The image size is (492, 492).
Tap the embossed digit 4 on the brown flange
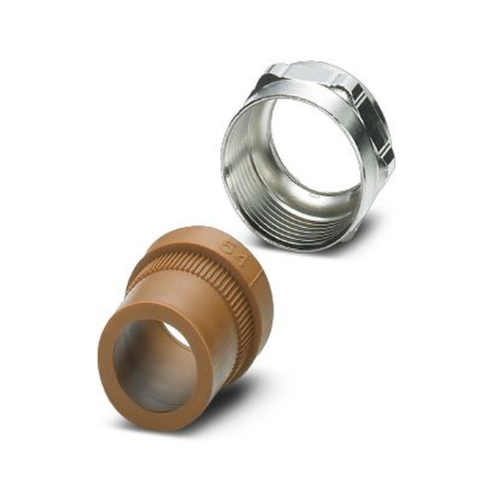point(240,258)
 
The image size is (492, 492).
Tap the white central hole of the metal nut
point(315,148)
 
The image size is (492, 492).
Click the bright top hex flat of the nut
point(315,71)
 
